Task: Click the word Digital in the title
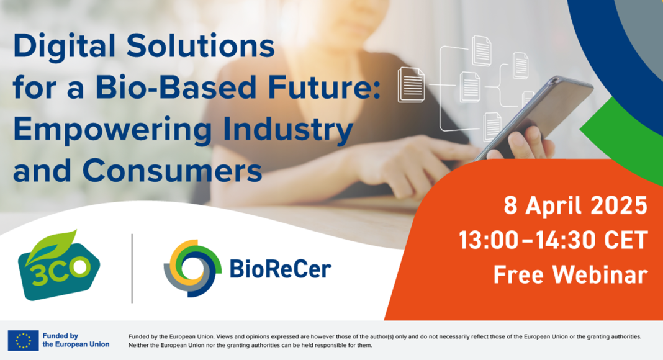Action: [64, 47]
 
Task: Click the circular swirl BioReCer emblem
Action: [192, 268]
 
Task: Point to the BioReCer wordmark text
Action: [281, 269]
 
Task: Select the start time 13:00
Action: [489, 240]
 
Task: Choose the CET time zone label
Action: [626, 240]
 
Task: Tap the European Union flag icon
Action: [23, 341]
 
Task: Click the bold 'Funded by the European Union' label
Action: [76, 340]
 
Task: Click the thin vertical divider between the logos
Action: [132, 268]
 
